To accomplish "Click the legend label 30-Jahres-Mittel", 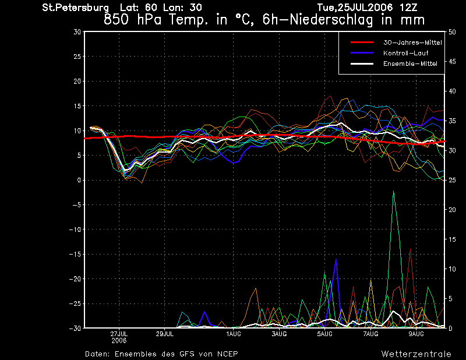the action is click(412, 43).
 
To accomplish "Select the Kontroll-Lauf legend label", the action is click(405, 53).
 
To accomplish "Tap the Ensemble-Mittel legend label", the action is click(410, 63).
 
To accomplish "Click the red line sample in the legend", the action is click(362, 43).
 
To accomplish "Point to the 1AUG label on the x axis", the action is click(234, 334).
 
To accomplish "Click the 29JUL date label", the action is click(165, 334).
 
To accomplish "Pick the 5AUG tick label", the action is click(324, 334).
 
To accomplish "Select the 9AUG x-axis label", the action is click(416, 334).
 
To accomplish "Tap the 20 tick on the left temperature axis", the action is click(77, 81).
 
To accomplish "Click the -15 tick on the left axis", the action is click(75, 254).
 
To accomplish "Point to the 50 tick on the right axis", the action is click(452, 32).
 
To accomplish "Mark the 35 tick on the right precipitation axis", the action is click(452, 121).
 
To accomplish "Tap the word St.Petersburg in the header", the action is click(76, 8).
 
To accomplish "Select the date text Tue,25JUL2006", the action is click(355, 7).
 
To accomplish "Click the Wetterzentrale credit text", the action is click(416, 354).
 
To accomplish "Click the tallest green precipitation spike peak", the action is click(394, 191).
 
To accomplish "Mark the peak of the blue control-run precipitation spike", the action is click(336, 259).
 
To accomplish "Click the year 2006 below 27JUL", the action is click(119, 341).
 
